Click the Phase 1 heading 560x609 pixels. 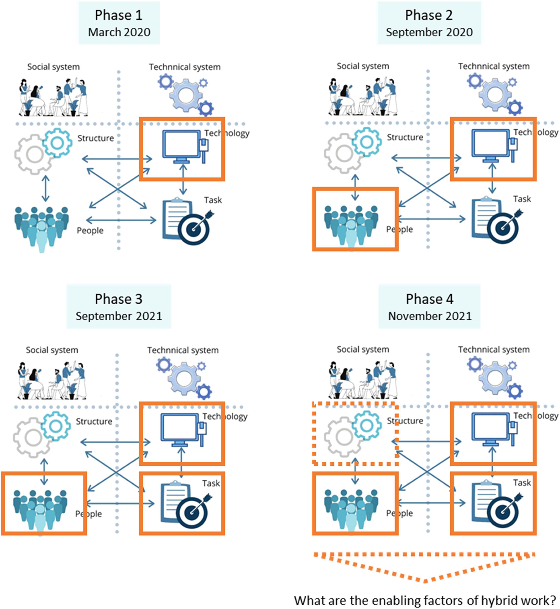(118, 15)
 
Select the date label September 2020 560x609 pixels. (429, 32)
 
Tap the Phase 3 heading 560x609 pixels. (118, 299)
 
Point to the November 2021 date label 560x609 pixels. (430, 316)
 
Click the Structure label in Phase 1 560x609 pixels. (95, 138)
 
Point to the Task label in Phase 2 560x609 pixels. (522, 199)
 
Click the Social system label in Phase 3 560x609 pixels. (52, 350)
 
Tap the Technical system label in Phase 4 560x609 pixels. (494, 350)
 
